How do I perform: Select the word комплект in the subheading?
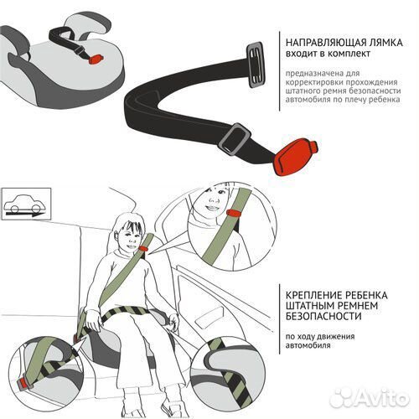click(x=349, y=54)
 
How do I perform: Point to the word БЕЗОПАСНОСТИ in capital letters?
click(x=323, y=317)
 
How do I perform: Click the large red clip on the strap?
click(x=295, y=158)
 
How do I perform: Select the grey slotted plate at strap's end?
click(x=255, y=65)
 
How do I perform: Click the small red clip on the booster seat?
click(x=96, y=59)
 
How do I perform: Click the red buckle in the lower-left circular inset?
click(x=24, y=383)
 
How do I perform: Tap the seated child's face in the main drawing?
click(x=132, y=236)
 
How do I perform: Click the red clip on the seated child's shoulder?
click(x=144, y=248)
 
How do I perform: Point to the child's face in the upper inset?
click(x=214, y=199)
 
